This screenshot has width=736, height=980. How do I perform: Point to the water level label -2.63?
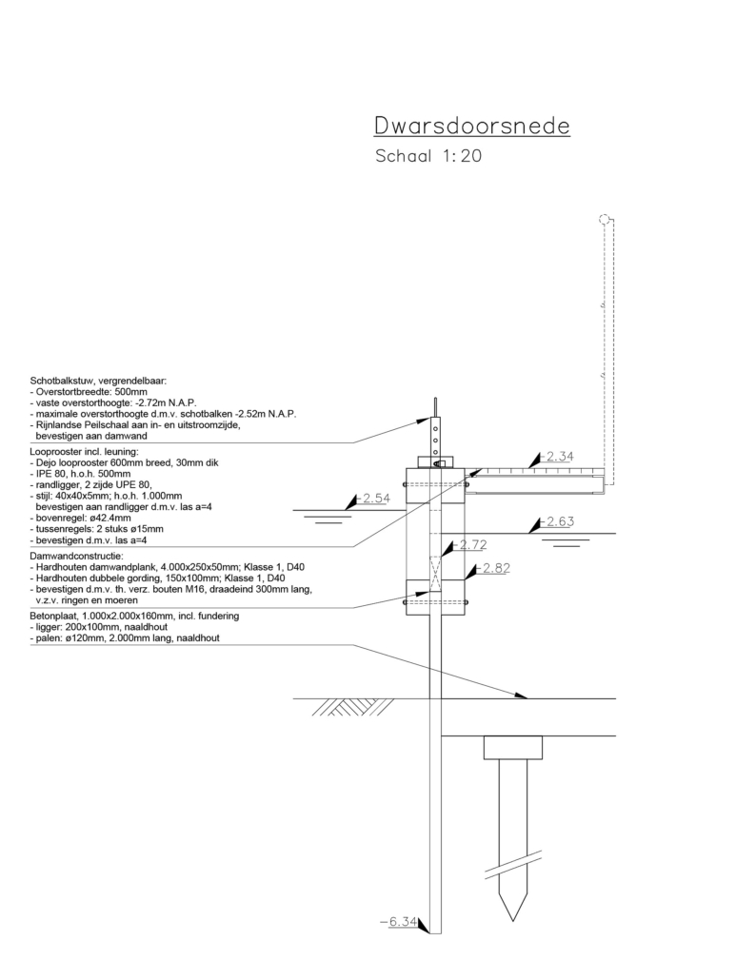(560, 522)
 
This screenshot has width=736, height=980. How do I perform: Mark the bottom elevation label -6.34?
(397, 921)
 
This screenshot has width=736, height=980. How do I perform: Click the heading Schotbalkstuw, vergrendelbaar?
(98, 381)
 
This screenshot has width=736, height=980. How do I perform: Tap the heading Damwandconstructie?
(76, 555)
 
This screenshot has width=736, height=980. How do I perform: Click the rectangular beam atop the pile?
(513, 748)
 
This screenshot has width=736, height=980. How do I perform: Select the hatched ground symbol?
(341, 707)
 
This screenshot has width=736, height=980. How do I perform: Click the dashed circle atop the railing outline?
(603, 220)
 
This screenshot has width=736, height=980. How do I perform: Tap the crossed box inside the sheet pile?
(436, 575)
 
